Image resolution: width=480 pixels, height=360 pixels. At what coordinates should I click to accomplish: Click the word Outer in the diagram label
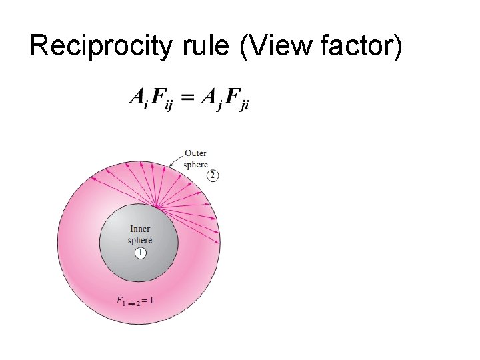click(x=195, y=153)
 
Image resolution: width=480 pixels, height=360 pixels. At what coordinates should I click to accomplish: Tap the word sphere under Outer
click(x=195, y=164)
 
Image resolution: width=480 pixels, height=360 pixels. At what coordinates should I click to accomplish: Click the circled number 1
click(x=140, y=253)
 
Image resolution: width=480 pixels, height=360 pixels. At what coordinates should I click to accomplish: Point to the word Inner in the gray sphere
click(x=140, y=229)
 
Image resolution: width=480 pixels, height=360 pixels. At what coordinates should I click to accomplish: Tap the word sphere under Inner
click(x=140, y=240)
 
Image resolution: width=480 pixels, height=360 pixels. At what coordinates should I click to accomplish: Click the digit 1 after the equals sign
click(x=152, y=300)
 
